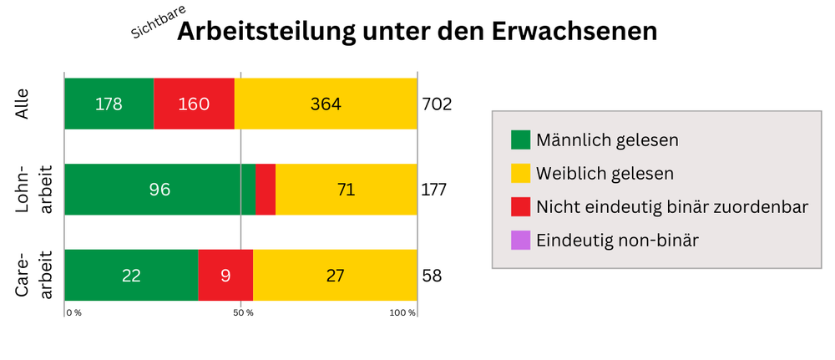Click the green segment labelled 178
tap(109, 104)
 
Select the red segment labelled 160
tap(194, 104)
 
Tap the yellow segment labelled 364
tap(326, 104)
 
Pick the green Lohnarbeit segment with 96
tap(159, 190)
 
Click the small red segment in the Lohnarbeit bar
tap(266, 190)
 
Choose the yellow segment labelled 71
tap(346, 190)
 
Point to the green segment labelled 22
tap(131, 275)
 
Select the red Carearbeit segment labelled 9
tap(225, 275)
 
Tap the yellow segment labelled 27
tap(335, 275)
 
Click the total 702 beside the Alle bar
tap(437, 104)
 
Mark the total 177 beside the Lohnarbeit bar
tap(434, 190)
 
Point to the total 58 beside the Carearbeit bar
tap(432, 276)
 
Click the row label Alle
tap(24, 104)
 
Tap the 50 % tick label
tap(243, 313)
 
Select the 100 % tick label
tap(402, 313)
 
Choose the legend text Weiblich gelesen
tap(605, 173)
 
